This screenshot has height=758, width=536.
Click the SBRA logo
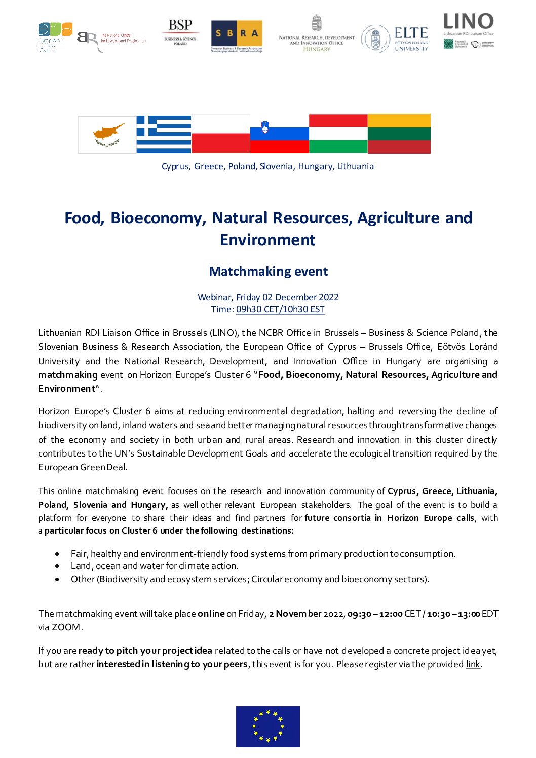(237, 36)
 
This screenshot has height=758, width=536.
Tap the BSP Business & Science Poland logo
(180, 32)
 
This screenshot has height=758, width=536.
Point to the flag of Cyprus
(107, 134)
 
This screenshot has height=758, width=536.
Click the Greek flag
(164, 134)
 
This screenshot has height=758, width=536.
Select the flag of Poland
(220, 134)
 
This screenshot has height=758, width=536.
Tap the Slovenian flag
(279, 134)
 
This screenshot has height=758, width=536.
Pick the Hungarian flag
(338, 134)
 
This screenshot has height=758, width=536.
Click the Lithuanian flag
(399, 134)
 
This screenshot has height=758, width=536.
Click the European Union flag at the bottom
(267, 727)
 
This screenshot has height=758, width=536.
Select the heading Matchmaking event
(268, 272)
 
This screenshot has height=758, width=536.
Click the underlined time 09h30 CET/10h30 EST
(280, 309)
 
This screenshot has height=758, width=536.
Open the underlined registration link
(473, 664)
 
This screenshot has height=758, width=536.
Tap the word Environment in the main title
(267, 240)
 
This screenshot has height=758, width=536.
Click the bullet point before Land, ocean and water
(58, 566)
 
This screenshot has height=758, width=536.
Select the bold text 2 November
(295, 614)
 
